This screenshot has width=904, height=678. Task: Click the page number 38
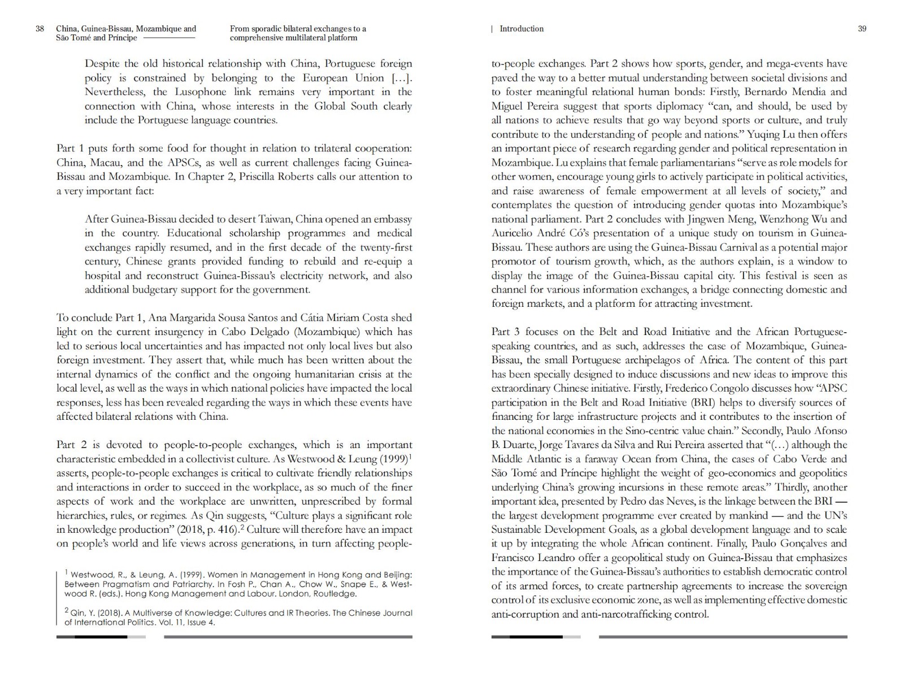(40, 29)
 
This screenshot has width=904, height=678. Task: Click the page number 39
(862, 29)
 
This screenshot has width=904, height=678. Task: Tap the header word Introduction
(521, 29)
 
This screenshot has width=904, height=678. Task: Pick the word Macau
(113, 162)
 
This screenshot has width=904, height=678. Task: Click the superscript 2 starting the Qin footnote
(67, 611)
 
